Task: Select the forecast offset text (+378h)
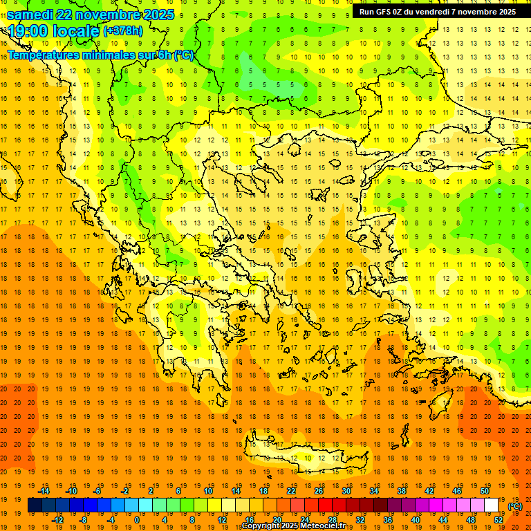point(122,31)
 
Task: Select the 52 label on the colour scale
point(499,520)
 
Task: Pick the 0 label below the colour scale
point(136,520)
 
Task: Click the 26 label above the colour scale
point(319,491)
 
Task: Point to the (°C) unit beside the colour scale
point(514,506)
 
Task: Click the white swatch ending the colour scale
point(492,505)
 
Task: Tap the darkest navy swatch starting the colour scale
point(35,505)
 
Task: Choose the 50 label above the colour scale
point(485,491)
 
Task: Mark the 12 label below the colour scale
point(222,520)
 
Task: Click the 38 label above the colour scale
point(402,491)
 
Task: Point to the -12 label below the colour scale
point(57,520)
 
